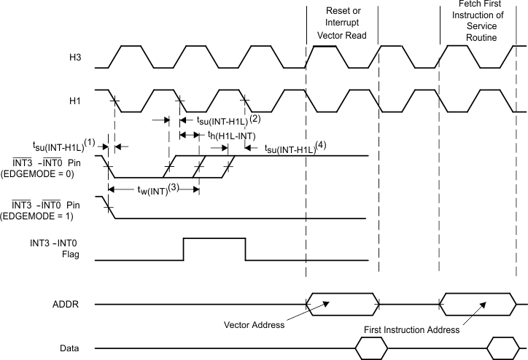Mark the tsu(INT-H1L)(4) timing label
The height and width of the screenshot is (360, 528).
coord(295,147)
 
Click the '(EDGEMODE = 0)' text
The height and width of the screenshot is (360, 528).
coord(49,173)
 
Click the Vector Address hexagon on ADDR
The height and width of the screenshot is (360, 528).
coord(343,304)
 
